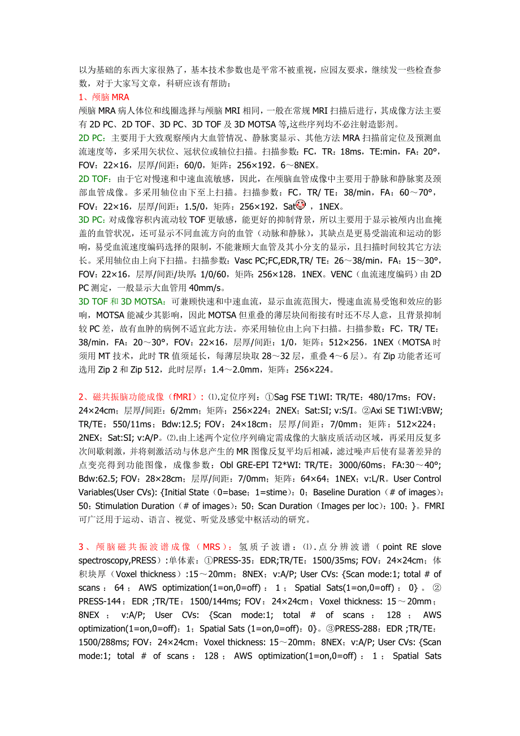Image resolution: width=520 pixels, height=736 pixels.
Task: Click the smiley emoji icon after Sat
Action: click(301, 206)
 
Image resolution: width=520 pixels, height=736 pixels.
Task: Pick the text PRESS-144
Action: click(99, 601)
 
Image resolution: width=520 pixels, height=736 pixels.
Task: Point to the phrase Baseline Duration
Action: click(346, 492)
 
